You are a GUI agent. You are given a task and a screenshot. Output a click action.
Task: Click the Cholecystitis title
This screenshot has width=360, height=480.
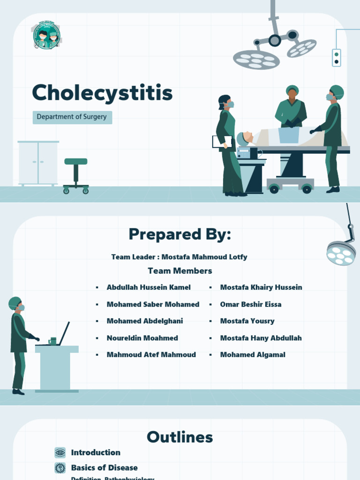[102, 93]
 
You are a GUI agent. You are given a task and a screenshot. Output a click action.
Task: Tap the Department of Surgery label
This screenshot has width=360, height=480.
[72, 117]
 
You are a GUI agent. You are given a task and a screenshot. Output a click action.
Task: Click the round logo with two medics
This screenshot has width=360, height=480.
[46, 36]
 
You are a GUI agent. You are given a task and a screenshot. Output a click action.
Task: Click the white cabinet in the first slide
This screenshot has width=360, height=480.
[38, 163]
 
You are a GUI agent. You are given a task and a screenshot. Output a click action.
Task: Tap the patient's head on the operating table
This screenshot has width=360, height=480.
[247, 137]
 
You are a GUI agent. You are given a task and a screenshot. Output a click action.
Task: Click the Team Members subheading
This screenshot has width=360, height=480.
[180, 271]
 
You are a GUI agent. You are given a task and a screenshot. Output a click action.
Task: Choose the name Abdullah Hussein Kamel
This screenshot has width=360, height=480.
[149, 287]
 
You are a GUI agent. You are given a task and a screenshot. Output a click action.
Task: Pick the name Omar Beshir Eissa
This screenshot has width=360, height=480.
[251, 304]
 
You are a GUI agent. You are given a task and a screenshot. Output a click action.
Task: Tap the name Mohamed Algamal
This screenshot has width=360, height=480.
[253, 355]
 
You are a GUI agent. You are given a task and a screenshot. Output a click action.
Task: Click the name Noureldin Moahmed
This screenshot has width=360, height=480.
[142, 338]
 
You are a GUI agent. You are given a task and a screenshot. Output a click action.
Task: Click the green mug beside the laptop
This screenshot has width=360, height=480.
[52, 341]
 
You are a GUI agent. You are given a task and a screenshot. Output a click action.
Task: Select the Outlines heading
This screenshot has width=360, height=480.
[180, 437]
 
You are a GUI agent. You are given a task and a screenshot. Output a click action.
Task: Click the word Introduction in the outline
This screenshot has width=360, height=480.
[96, 452]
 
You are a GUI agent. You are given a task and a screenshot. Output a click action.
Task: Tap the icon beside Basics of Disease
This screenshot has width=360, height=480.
[60, 468]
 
